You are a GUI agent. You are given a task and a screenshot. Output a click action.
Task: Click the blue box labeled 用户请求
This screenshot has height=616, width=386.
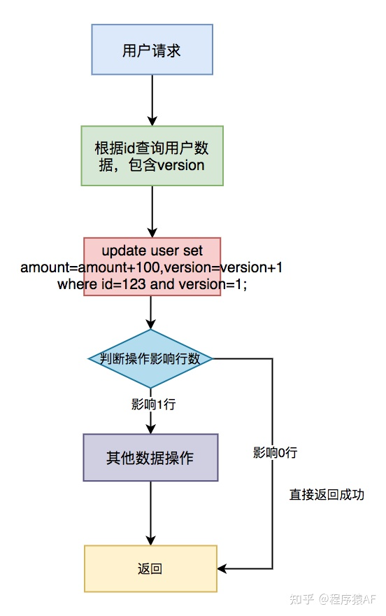pos(152,50)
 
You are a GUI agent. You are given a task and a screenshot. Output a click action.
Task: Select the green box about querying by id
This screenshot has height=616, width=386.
pos(152,155)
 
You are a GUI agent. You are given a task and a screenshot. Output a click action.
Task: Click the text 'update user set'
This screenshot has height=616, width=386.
pos(152,251)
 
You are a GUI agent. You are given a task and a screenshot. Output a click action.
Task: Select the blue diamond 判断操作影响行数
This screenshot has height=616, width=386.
pos(150,358)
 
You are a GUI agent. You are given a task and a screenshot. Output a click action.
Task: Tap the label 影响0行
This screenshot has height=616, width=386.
pos(275,452)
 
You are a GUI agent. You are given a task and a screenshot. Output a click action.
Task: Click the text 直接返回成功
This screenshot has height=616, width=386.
pos(327,494)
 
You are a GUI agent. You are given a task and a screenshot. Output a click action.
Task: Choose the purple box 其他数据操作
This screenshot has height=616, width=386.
pos(150,458)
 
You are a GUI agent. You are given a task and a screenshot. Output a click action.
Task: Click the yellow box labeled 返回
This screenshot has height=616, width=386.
pos(150,568)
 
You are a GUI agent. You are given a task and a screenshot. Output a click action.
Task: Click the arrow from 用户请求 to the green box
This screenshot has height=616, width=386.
pos(152,100)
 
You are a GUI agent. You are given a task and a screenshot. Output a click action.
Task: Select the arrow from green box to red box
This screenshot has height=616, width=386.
pos(152,211)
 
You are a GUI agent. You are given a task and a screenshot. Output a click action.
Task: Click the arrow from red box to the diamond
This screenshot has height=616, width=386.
pos(150,312)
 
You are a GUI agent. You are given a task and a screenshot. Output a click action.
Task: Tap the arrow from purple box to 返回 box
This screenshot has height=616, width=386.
pos(150,513)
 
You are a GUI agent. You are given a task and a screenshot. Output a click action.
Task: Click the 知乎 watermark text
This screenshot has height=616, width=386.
pos(301,599)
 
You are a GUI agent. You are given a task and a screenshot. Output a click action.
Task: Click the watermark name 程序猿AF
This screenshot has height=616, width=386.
pos(352,599)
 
